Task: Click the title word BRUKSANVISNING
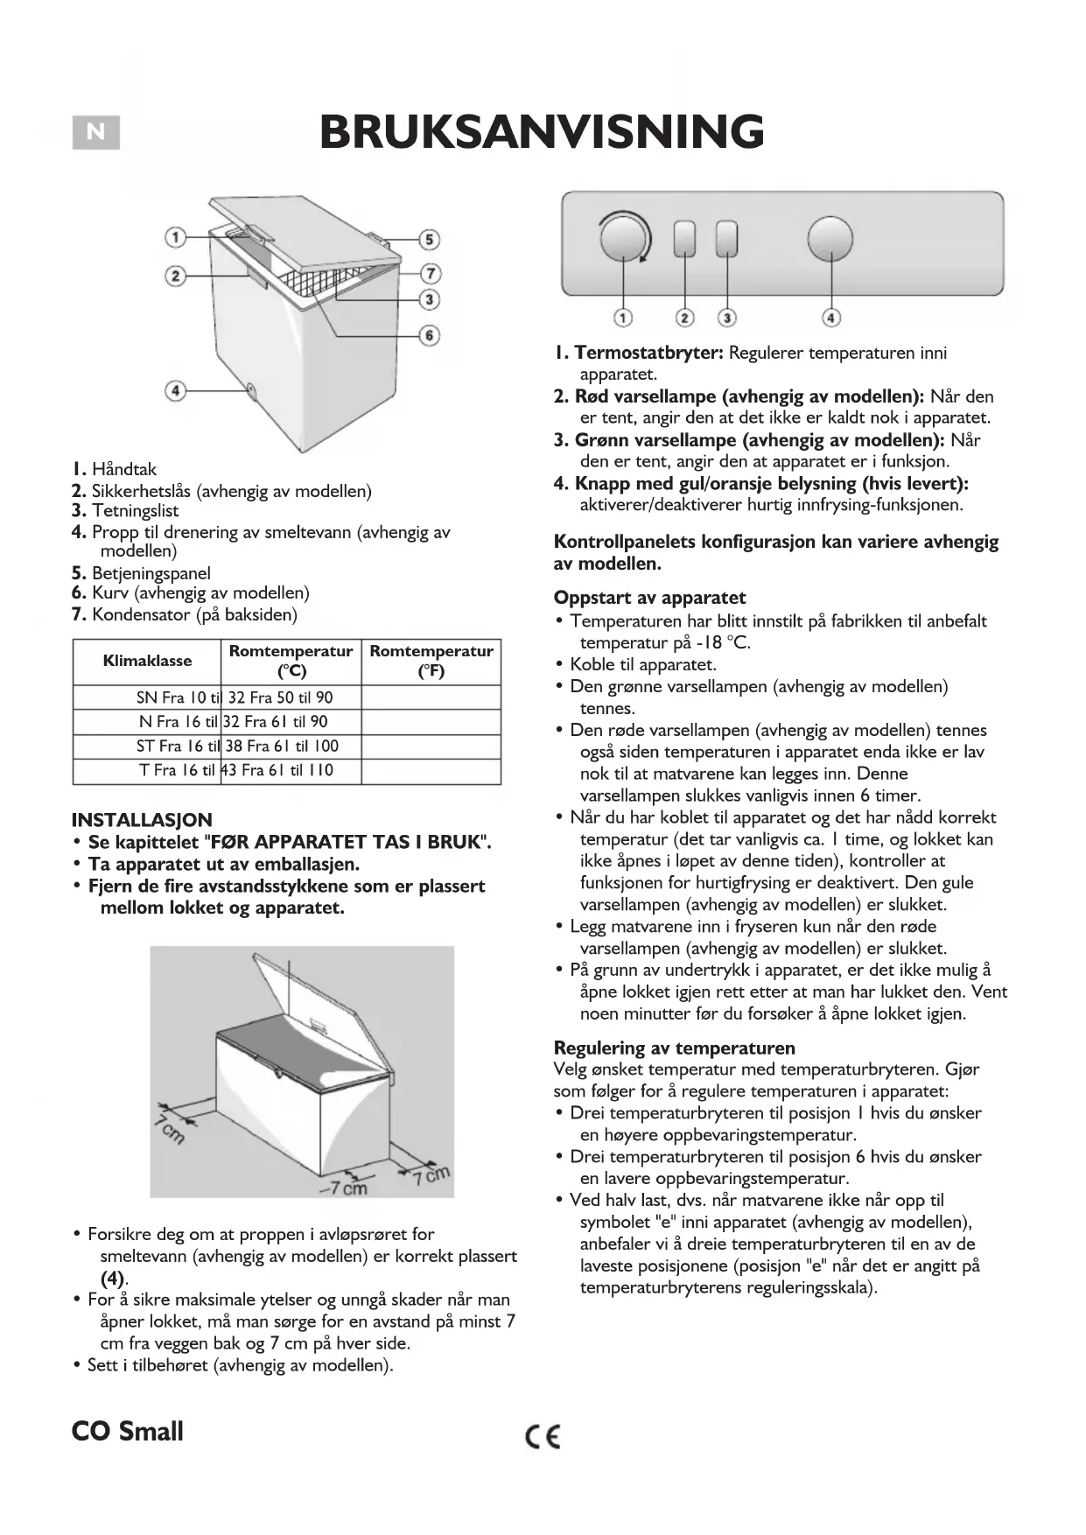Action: [x=542, y=132]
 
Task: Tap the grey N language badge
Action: [x=96, y=133]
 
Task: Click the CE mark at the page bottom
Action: [x=543, y=1436]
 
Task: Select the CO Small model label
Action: [x=128, y=1432]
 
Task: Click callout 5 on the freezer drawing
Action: [x=428, y=239]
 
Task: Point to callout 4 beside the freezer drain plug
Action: [x=176, y=389]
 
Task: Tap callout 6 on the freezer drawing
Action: [x=429, y=335]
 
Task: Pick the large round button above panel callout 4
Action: [x=830, y=239]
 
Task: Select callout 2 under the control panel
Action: [x=685, y=318]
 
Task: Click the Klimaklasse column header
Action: [x=147, y=661]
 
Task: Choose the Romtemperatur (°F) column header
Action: [x=431, y=661]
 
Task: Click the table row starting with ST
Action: [x=237, y=746]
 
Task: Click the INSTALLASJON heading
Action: [x=142, y=820]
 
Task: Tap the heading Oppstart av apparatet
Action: [x=649, y=598]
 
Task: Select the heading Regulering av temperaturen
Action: [x=674, y=1048]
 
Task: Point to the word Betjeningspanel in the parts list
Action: [x=151, y=573]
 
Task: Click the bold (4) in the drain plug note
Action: [x=113, y=1278]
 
